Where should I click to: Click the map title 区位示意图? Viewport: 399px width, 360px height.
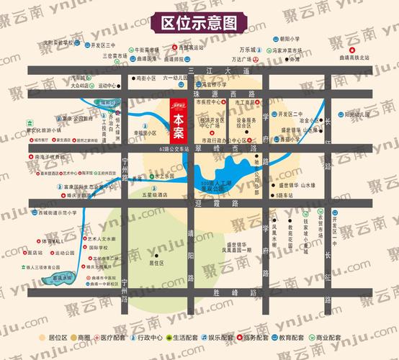[199, 23]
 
